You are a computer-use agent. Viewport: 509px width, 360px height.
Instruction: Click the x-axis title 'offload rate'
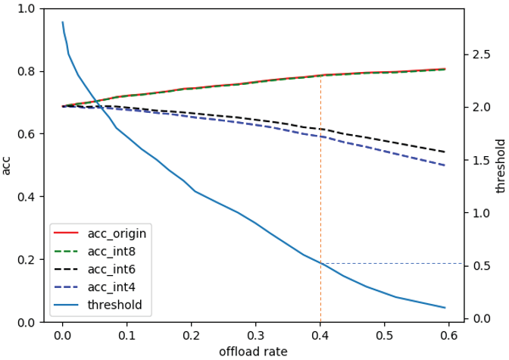252,352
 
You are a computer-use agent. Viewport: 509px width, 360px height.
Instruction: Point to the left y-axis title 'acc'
7,165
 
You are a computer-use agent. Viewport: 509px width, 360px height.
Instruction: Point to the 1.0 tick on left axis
26,9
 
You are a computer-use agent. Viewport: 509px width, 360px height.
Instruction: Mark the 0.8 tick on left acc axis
26,72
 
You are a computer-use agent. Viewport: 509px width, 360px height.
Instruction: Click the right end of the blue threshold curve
445,308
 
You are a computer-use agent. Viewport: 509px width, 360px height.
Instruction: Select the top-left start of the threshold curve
62,22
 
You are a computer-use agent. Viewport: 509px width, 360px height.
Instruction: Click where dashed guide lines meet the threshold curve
320,263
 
